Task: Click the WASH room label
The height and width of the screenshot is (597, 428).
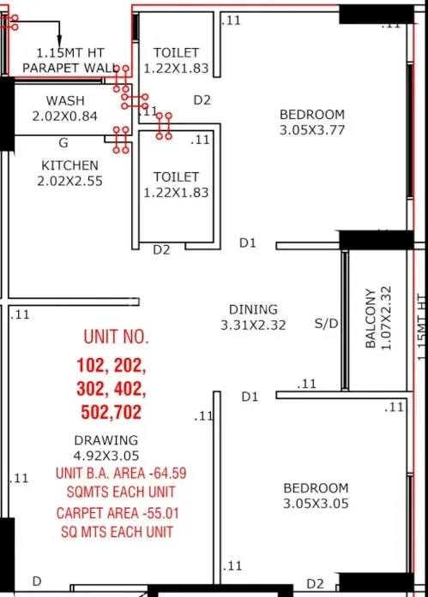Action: [x=65, y=100]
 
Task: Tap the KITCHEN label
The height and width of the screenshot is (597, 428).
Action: [x=69, y=165]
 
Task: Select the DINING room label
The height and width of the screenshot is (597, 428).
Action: [x=253, y=309]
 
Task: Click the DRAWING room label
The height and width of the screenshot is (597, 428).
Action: [x=105, y=440]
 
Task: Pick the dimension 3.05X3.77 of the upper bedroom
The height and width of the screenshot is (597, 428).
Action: [x=313, y=130]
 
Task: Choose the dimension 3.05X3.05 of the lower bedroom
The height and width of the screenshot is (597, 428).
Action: [x=316, y=504]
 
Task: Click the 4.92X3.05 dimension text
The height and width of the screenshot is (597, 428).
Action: [x=106, y=455]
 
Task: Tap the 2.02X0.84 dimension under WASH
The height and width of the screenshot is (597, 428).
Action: [x=65, y=115]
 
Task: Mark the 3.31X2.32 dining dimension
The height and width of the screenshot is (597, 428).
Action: [x=253, y=325]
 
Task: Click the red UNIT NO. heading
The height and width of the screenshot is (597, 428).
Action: [x=115, y=336]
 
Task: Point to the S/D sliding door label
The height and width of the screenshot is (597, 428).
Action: [x=326, y=324]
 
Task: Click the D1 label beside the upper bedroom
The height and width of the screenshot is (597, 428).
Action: [x=248, y=243]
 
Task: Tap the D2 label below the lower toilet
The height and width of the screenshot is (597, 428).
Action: [x=161, y=250]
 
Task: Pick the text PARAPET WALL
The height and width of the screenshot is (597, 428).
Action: [x=67, y=68]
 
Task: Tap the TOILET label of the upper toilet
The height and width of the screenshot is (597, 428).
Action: [x=176, y=53]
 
